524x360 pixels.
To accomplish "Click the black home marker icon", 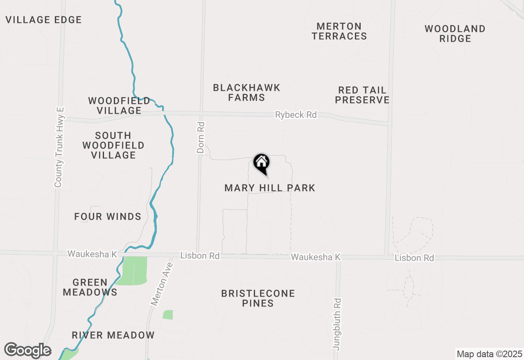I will [x=262, y=163].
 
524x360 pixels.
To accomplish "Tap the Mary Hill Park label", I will [x=270, y=188].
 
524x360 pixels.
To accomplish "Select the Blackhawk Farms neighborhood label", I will [x=246, y=92].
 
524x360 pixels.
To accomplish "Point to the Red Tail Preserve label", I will [x=362, y=95].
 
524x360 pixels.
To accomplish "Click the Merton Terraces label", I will [x=339, y=31].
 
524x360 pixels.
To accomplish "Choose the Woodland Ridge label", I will [x=455, y=34].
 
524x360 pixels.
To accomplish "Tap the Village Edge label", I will [x=44, y=20].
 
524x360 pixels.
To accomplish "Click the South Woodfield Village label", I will [x=113, y=145].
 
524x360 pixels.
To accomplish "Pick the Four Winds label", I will [x=108, y=216].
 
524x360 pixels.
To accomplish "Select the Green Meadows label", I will [x=90, y=287].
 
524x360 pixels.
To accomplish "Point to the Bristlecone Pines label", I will [x=258, y=298].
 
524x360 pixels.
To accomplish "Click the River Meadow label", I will [x=113, y=335].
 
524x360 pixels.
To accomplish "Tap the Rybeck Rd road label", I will [x=296, y=115].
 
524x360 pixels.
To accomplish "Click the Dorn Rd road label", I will [x=201, y=137].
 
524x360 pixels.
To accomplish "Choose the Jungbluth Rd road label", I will [x=337, y=324].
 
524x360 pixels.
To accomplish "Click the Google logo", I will [x=27, y=350].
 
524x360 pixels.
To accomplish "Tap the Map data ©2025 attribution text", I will [x=489, y=354].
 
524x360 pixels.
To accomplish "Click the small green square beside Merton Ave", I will [x=168, y=315].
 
